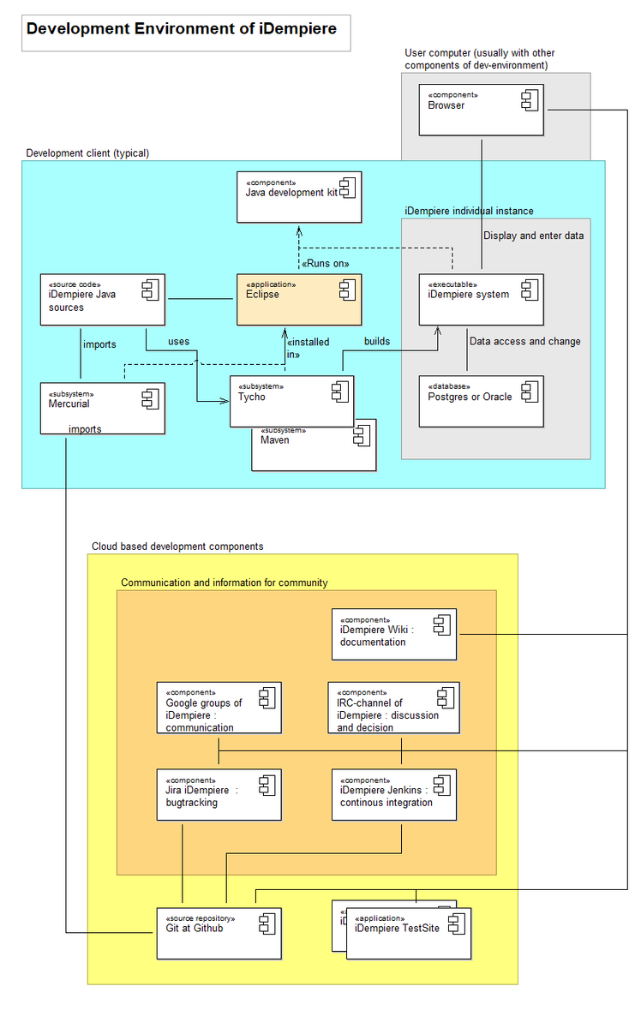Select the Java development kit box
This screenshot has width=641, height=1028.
299,197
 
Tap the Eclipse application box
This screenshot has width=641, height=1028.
299,299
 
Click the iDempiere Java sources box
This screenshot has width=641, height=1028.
103,299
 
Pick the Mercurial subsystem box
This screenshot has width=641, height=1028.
103,408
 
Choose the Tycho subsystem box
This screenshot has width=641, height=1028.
291,401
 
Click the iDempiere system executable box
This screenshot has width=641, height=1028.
482,299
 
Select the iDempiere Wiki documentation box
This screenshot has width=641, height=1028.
394,634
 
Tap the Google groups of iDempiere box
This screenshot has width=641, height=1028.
219,708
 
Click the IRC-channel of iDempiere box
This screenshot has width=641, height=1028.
394,708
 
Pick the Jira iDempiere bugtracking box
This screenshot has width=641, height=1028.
219,795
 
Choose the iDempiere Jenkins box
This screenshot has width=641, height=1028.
394,795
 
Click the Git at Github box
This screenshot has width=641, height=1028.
219,933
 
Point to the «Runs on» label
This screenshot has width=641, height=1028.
326,263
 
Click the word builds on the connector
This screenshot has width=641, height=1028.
377,341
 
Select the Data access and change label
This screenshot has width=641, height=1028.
524,341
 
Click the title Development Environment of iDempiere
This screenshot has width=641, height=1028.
181,29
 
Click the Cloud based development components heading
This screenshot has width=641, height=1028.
177,546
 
